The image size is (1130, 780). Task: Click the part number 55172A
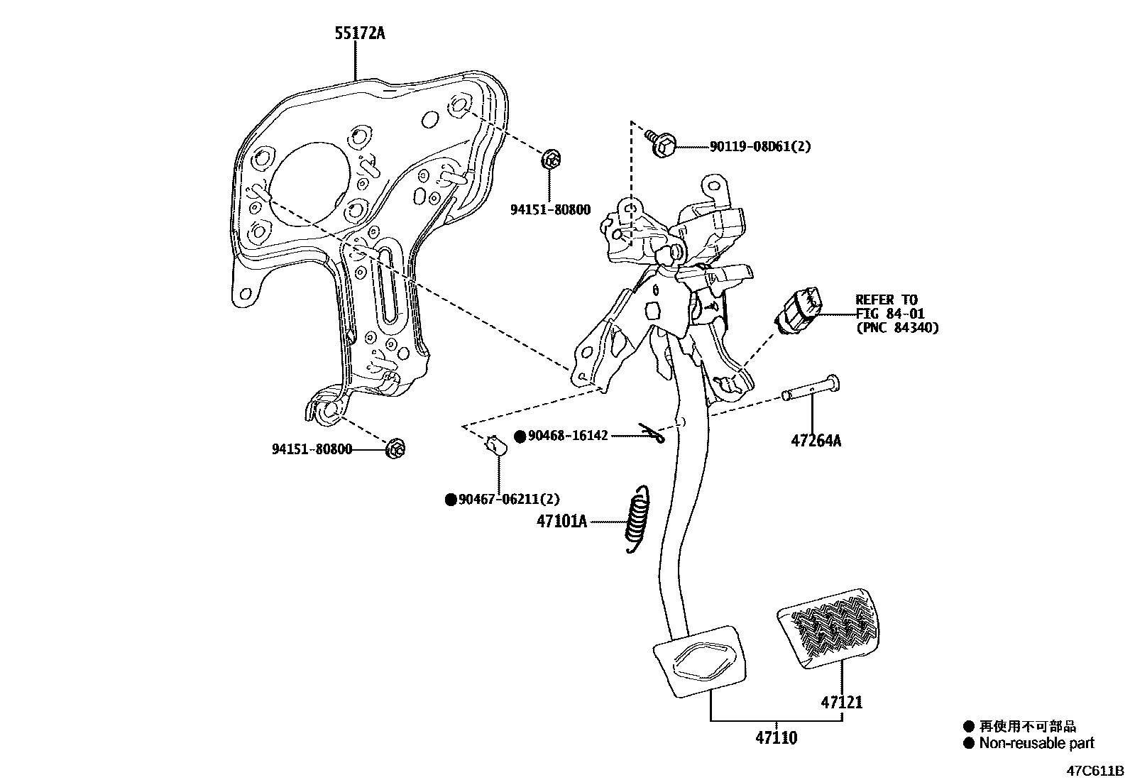coord(360,33)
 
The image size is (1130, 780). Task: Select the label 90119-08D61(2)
coord(759,147)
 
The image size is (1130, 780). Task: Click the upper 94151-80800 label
coord(550,210)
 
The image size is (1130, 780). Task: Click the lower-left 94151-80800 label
coord(312,449)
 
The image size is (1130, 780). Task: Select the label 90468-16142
coord(568,436)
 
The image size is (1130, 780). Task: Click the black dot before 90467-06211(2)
coord(450,500)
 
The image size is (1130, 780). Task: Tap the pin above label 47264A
coord(811,389)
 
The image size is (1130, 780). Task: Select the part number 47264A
coord(816,441)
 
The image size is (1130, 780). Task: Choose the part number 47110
coord(776,738)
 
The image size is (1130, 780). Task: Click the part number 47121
coord(842,703)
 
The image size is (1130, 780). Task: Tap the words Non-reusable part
coord(1036,743)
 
